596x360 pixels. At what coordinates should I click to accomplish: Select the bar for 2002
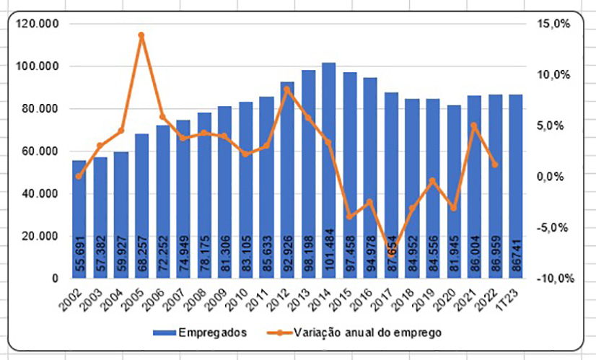(x=79, y=216)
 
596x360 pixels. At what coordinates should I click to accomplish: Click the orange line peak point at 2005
(x=141, y=35)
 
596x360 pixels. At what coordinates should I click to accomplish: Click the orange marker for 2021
(x=474, y=126)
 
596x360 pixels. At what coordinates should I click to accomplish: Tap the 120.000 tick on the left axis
(x=43, y=24)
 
